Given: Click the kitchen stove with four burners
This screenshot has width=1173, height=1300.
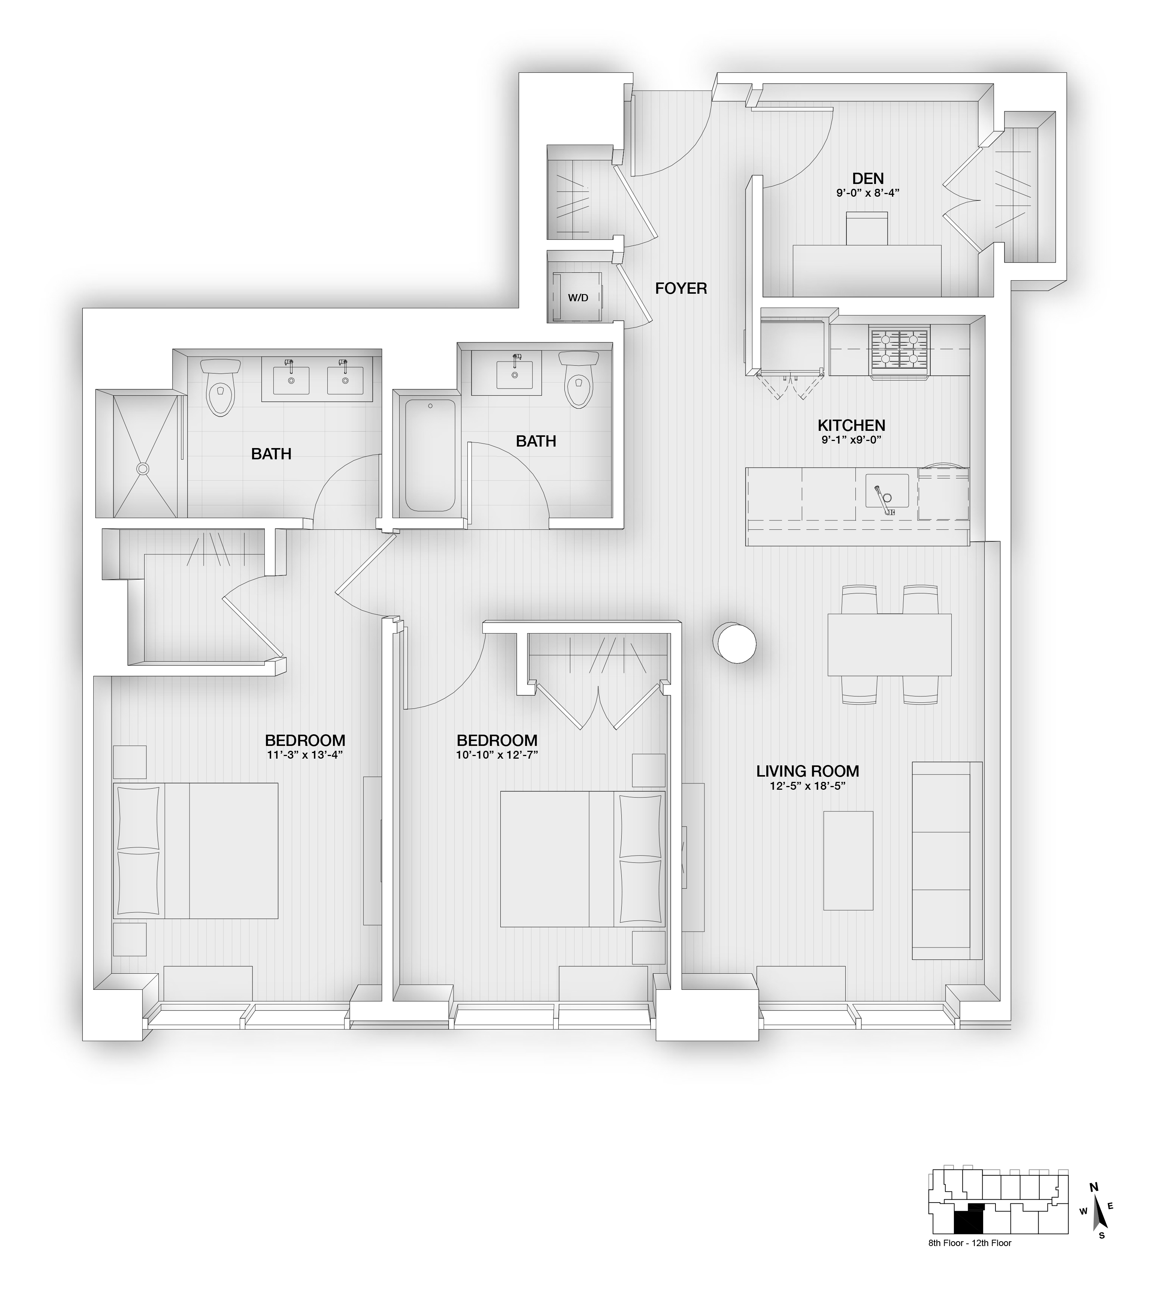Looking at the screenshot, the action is pyautogui.click(x=899, y=351).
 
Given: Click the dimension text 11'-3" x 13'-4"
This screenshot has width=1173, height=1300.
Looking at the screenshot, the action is pyautogui.click(x=305, y=755).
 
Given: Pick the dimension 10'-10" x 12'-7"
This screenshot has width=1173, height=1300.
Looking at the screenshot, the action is pyautogui.click(x=497, y=755).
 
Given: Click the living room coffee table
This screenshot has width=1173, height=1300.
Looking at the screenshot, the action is pyautogui.click(x=848, y=861).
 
